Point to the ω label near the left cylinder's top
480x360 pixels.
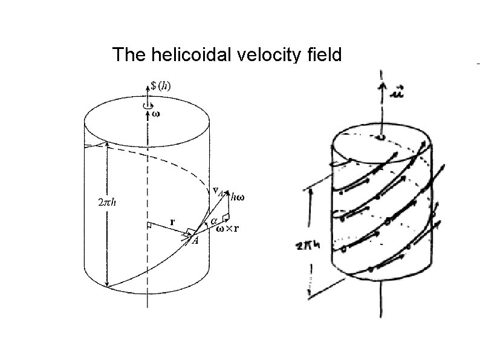click(155, 113)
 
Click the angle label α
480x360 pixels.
click(213, 221)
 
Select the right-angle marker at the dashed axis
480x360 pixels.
click(149, 225)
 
